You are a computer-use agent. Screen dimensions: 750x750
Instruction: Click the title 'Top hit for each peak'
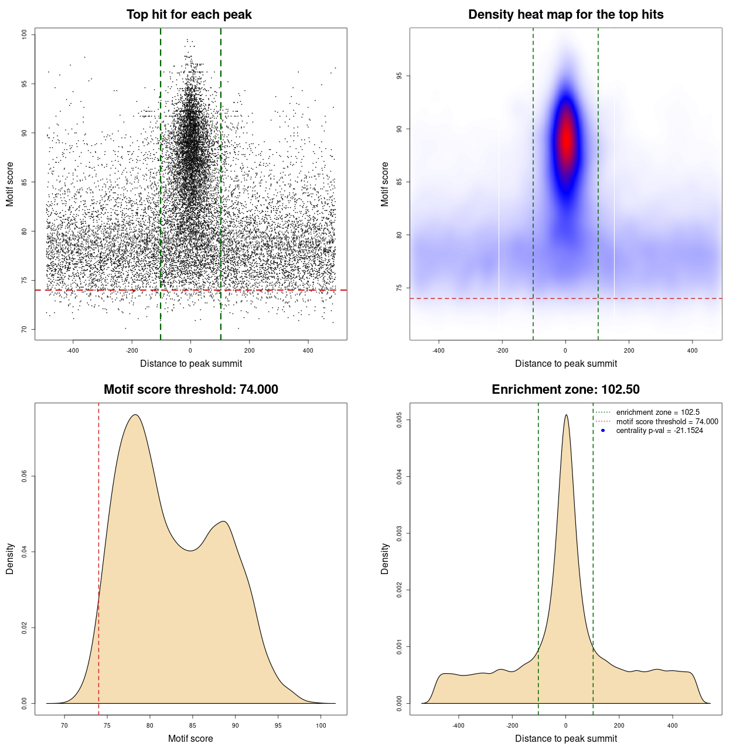(189, 15)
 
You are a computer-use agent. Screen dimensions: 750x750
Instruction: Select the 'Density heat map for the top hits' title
(565, 15)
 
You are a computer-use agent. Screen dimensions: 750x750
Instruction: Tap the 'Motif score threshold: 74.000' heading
(190, 390)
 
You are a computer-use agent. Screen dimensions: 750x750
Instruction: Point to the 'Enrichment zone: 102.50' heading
(565, 390)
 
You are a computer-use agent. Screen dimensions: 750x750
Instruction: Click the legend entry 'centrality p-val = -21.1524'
(659, 431)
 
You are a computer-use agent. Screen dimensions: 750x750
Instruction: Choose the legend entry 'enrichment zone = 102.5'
(657, 412)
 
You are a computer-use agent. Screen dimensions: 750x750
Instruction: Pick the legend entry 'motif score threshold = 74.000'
(667, 422)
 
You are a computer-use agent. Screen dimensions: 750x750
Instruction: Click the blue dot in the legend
(603, 431)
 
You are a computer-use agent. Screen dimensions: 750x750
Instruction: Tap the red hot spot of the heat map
(566, 141)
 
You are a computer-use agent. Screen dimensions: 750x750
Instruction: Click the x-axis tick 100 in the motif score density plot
(321, 725)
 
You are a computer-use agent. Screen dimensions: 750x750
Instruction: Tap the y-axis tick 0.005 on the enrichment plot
(400, 420)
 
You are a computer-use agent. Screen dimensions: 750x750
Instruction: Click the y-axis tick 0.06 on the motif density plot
(25, 476)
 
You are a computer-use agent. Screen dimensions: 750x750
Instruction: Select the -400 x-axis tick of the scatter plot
(73, 350)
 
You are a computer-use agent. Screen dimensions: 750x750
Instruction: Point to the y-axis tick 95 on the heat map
(400, 76)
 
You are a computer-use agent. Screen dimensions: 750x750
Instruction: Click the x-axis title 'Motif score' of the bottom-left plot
(190, 738)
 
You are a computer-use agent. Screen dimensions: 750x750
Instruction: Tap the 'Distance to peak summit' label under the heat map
(565, 363)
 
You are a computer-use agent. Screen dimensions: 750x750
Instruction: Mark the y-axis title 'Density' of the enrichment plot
(385, 558)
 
